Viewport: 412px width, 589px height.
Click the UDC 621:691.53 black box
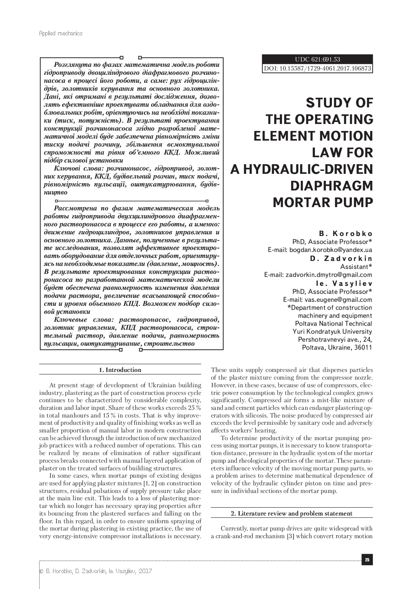coord(317,59)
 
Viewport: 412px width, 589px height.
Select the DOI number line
coord(317,68)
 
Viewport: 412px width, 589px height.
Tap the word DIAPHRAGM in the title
coord(331,186)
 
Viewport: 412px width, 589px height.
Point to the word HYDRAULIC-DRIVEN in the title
coord(301,169)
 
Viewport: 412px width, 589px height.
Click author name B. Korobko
coord(341,234)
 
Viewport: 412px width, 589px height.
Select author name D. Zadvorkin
coord(341,259)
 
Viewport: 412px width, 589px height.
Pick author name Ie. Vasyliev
coord(344,284)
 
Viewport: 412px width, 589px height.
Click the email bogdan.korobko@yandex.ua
coord(331,250)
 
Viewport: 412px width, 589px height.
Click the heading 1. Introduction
coord(120,370)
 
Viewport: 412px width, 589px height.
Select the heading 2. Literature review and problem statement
coord(292,514)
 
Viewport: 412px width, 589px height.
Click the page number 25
coord(367,560)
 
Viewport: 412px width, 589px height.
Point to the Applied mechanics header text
coord(60,33)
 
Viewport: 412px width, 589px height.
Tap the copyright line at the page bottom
coord(96,571)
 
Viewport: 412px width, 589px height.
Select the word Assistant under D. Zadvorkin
coord(354,267)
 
